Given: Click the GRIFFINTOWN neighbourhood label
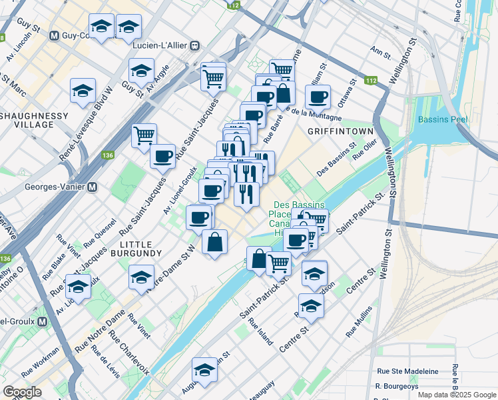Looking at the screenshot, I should click(x=340, y=131).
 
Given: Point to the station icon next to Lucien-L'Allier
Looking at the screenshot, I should click(x=194, y=46).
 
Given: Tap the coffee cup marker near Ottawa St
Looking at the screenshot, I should click(x=318, y=97).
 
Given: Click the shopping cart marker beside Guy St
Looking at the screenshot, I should click(x=144, y=135).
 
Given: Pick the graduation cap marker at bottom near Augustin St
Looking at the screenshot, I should click(x=204, y=370).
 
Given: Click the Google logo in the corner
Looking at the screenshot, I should click(x=22, y=392).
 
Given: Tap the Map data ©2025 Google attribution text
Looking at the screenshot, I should click(x=457, y=395).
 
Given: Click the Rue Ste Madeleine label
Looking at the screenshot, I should click(x=407, y=371).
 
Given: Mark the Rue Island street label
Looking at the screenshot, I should click(x=261, y=331).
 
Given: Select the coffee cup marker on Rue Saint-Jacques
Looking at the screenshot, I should click(x=162, y=157).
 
